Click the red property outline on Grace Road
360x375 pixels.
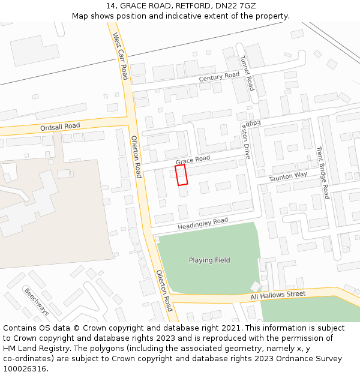181,175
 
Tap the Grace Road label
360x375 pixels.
193,160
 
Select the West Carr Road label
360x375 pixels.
121,56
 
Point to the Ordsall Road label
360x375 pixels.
60,127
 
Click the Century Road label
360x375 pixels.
219,77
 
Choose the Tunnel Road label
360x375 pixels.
247,73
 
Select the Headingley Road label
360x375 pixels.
203,224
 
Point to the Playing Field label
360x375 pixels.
209,260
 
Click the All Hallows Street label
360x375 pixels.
278,295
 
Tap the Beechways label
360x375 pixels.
37,302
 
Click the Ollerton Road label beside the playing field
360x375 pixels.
164,290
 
